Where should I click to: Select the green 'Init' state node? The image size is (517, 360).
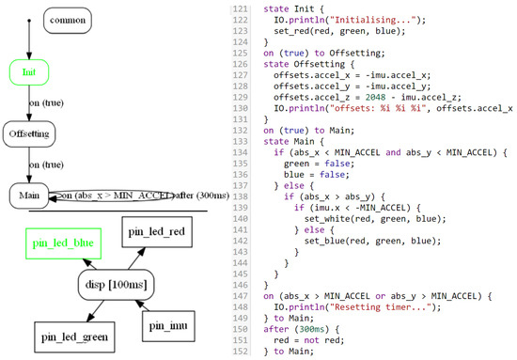click(x=29, y=70)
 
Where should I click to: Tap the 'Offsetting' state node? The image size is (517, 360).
click(x=30, y=134)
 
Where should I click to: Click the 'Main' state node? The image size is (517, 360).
click(x=30, y=196)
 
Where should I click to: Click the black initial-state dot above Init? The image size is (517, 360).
click(x=29, y=18)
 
